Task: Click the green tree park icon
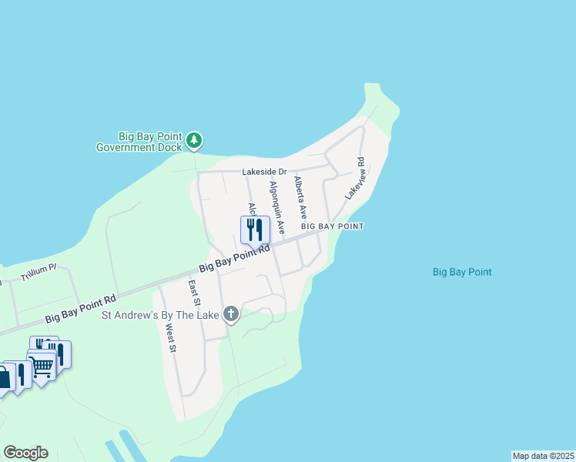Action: coord(196,140)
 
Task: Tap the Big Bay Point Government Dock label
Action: coord(139,141)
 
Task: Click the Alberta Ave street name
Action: coord(300,199)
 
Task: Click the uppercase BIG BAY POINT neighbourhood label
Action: coord(332,226)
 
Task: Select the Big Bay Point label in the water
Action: coord(462,272)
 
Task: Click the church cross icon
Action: coord(231,313)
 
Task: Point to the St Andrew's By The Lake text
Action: coord(162,314)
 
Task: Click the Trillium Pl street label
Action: coord(39,272)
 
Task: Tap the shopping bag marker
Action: coord(4,377)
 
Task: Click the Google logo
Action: coord(25,453)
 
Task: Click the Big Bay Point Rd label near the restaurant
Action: coord(235,259)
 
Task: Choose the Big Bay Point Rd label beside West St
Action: coord(80,307)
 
